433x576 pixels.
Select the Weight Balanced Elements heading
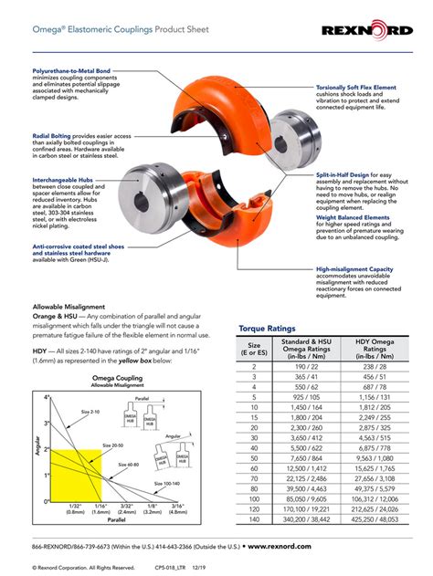coord(352,218)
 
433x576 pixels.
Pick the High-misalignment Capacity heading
coord(355,269)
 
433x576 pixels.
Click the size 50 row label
coord(253,459)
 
